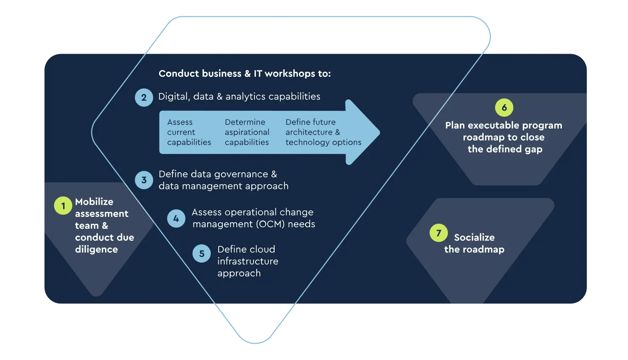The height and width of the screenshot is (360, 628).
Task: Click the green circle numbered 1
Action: (63, 206)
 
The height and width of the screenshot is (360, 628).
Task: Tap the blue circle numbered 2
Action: (144, 97)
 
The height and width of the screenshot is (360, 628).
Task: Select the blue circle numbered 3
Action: (144, 180)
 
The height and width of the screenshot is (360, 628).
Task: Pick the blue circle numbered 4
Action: (176, 218)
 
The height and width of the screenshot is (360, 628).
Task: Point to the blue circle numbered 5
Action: (202, 254)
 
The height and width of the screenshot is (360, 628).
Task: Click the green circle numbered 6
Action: (504, 107)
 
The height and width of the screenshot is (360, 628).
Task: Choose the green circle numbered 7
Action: (439, 233)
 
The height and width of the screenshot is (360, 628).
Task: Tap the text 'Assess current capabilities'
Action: (189, 132)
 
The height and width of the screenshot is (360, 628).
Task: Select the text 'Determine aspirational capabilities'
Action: (247, 132)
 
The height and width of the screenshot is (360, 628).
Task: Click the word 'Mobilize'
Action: (94, 202)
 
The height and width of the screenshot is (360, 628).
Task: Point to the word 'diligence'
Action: (96, 249)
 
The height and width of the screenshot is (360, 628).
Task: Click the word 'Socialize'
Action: (474, 237)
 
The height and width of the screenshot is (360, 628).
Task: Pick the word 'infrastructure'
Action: (248, 261)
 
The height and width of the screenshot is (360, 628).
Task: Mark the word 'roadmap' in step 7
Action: (484, 249)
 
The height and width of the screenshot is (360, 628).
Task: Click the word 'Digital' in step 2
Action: (174, 97)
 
